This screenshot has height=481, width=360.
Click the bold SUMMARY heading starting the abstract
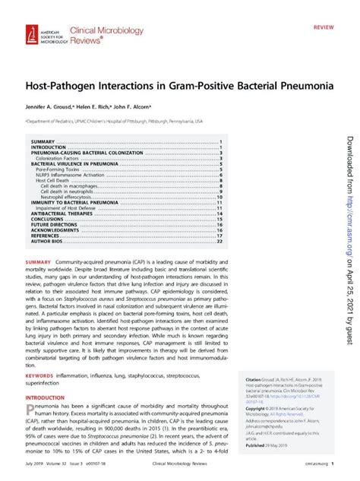39,262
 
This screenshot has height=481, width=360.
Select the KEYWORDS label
40,375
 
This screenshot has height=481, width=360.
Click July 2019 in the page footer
36,472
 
